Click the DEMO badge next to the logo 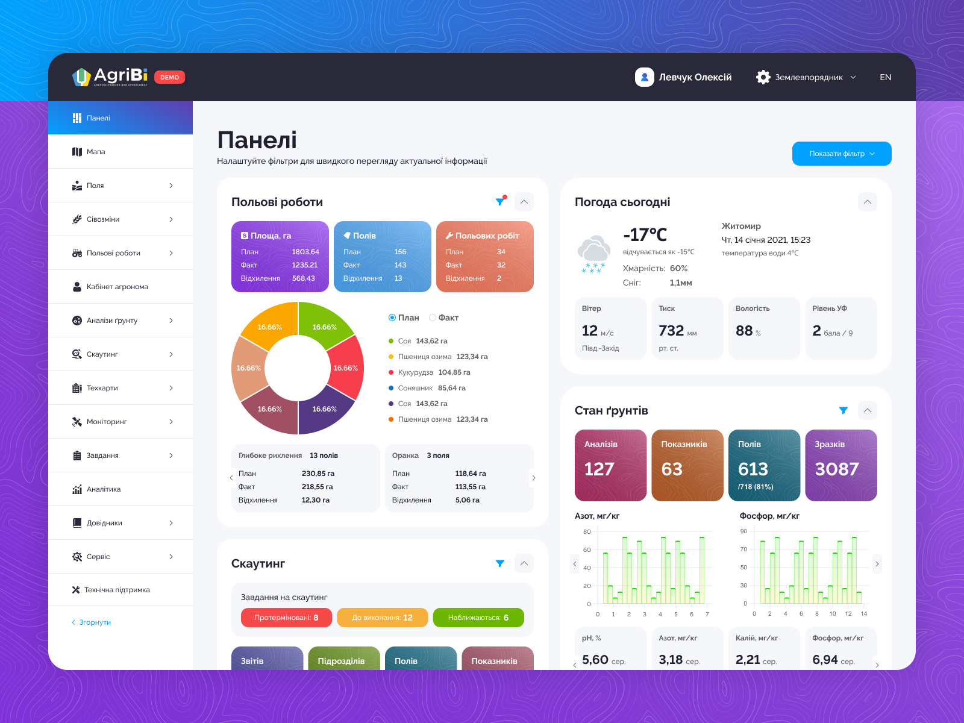tap(169, 77)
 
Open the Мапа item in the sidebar tap(96, 152)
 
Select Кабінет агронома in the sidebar tap(117, 287)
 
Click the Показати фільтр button tap(841, 154)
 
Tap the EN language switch tap(885, 77)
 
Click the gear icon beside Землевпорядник tap(763, 77)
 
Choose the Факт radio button tap(433, 318)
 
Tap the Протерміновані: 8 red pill tap(286, 618)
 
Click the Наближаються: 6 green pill tap(478, 618)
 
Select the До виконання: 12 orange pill tap(382, 618)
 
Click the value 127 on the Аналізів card tap(599, 469)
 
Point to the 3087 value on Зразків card tap(836, 469)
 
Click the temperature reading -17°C tap(645, 235)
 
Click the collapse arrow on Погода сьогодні tap(867, 202)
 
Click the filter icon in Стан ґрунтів tap(843, 410)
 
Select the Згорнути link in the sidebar tap(95, 622)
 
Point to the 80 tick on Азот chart tap(587, 531)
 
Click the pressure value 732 tap(671, 331)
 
